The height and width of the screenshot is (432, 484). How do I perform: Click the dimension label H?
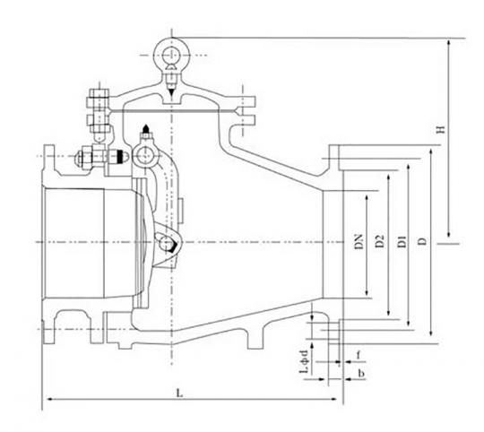(x=442, y=129)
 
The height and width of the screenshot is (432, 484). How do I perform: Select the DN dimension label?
(x=359, y=242)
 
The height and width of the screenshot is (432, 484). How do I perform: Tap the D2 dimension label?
(x=380, y=241)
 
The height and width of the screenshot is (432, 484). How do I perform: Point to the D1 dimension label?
(x=402, y=241)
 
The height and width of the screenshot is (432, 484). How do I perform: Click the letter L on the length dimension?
(x=179, y=393)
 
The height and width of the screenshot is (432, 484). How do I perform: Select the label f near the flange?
(x=359, y=356)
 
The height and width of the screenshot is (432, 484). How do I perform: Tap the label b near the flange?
(x=361, y=373)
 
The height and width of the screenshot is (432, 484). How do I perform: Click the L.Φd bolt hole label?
(x=305, y=362)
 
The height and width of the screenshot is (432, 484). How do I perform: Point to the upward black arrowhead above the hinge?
(x=146, y=128)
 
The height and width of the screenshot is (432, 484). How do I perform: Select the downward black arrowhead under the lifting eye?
(x=171, y=91)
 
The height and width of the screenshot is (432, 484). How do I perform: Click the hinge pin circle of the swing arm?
(x=144, y=156)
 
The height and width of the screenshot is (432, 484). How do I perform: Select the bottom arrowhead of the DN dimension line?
(x=367, y=291)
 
